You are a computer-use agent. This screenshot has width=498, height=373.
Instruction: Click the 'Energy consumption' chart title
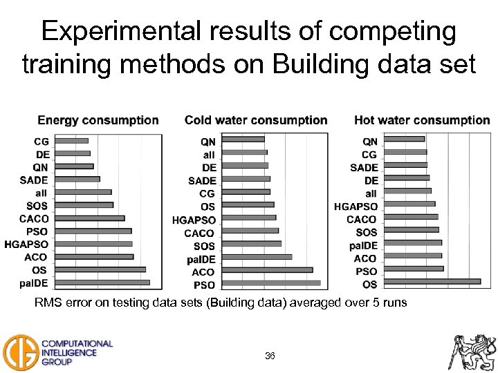coord(98,120)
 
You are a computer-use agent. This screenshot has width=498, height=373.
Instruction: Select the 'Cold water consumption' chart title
coord(256,120)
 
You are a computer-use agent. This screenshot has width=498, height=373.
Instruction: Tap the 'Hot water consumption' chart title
coord(422,120)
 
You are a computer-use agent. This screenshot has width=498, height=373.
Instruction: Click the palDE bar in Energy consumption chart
coord(102,283)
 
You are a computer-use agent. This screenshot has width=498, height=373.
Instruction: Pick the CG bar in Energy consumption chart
coord(71,141)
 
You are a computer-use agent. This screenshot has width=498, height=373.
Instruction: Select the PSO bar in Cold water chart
coord(272,283)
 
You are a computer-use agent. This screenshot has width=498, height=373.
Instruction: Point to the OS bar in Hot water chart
coord(432,281)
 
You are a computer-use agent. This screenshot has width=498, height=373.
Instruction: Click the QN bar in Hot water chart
coord(404,139)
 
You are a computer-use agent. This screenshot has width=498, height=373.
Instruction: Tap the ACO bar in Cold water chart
coord(268,270)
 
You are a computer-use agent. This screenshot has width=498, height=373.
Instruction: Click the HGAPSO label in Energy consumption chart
coord(26,244)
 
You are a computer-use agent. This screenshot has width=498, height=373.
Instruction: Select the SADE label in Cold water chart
coord(202,180)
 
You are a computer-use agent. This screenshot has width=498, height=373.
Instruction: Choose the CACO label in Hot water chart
coord(362,219)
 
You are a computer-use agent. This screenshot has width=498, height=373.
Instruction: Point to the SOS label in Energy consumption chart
coord(37,205)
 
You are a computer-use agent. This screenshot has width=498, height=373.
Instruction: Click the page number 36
coord(270,356)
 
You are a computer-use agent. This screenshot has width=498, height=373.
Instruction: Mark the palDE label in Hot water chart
coord(363,245)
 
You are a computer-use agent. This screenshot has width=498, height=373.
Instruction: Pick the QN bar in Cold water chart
coord(245,139)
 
